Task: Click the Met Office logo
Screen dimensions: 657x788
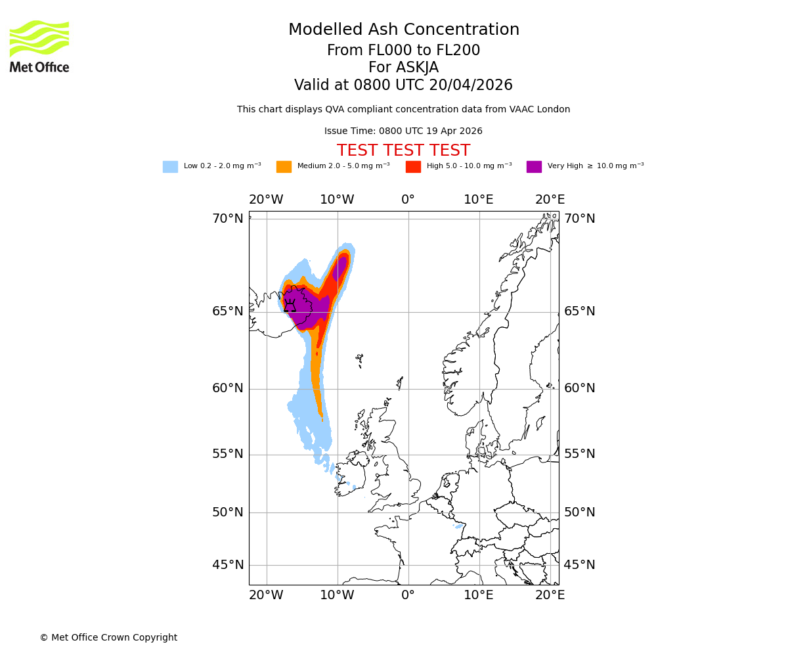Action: [x=39, y=46]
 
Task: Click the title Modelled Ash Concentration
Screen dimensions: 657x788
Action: [x=403, y=30]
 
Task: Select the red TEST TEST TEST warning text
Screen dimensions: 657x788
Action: [x=403, y=150]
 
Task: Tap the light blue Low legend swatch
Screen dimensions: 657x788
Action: [x=170, y=167]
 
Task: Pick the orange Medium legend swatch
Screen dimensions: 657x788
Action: [x=284, y=167]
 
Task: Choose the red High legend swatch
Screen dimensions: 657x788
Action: [x=413, y=167]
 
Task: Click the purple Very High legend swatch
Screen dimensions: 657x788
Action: [x=534, y=167]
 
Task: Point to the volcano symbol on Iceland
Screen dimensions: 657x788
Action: [x=290, y=306]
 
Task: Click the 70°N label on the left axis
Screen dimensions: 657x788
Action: [x=227, y=219]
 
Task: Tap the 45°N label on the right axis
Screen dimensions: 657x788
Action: [x=580, y=565]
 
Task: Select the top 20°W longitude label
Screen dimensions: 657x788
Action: [x=266, y=200]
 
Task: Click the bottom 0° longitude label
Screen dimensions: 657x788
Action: [x=408, y=595]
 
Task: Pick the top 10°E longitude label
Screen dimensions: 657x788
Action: [x=479, y=200]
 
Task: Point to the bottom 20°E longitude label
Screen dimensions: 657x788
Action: [x=550, y=595]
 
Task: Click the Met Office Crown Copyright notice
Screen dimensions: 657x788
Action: [x=108, y=637]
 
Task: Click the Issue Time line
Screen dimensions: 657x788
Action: [x=403, y=131]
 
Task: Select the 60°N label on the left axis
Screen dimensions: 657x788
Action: [x=227, y=388]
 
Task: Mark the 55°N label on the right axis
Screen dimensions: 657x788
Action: [x=580, y=454]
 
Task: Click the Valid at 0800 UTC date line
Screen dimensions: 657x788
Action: [x=403, y=85]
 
